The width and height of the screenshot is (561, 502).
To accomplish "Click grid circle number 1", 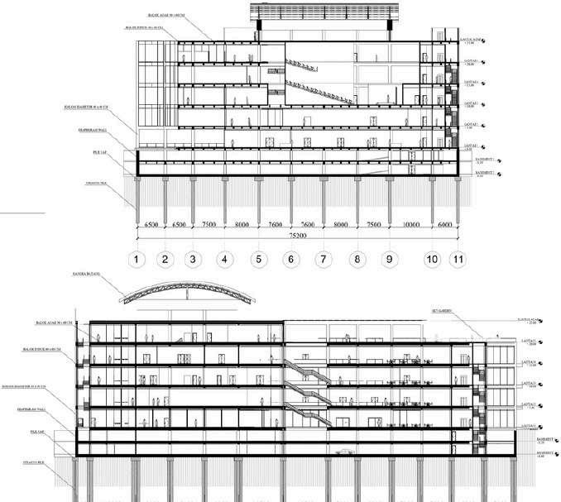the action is click(138, 261).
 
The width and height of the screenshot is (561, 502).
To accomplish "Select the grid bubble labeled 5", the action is click(258, 261).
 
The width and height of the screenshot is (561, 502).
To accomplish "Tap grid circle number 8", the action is click(357, 261).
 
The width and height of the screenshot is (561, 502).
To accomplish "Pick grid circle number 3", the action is click(193, 261).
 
